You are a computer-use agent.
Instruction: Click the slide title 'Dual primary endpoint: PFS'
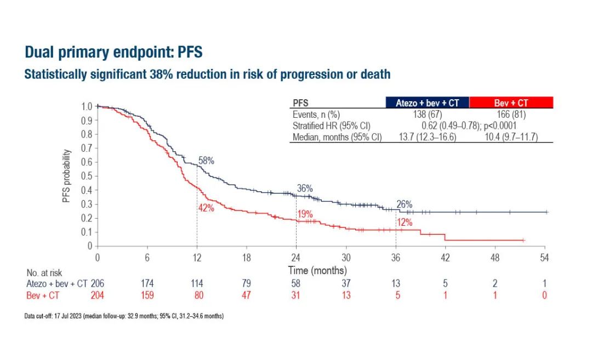click(x=114, y=53)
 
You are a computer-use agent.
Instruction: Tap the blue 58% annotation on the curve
click(x=206, y=161)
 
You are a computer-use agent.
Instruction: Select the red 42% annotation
click(x=206, y=208)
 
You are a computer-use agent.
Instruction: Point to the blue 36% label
click(x=305, y=188)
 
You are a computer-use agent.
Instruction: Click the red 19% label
click(x=305, y=215)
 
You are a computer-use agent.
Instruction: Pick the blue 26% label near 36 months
click(x=404, y=204)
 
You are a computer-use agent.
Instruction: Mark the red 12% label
click(x=404, y=222)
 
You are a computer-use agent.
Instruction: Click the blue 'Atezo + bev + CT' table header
click(x=427, y=102)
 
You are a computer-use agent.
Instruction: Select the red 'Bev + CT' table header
click(x=511, y=102)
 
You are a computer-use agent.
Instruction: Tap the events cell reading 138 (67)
click(x=427, y=115)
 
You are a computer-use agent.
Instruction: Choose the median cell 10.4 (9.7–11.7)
click(x=511, y=136)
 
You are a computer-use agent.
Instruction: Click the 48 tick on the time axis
click(x=495, y=258)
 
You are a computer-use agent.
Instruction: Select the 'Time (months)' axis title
click(x=317, y=270)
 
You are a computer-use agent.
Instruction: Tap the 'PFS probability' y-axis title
click(x=66, y=175)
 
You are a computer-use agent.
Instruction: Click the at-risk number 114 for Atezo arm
click(x=197, y=283)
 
